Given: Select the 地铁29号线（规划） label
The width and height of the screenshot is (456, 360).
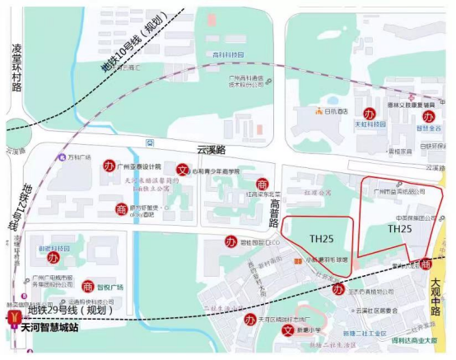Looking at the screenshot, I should pos(70,311).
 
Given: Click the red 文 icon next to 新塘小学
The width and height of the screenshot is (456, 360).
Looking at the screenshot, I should pos(287,330).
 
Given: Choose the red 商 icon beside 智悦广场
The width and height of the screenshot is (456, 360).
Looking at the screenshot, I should pos(87,286).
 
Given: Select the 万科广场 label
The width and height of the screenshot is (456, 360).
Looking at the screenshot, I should pos(78,156).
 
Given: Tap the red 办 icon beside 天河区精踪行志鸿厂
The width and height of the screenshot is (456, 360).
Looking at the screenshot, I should pos(248,319).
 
